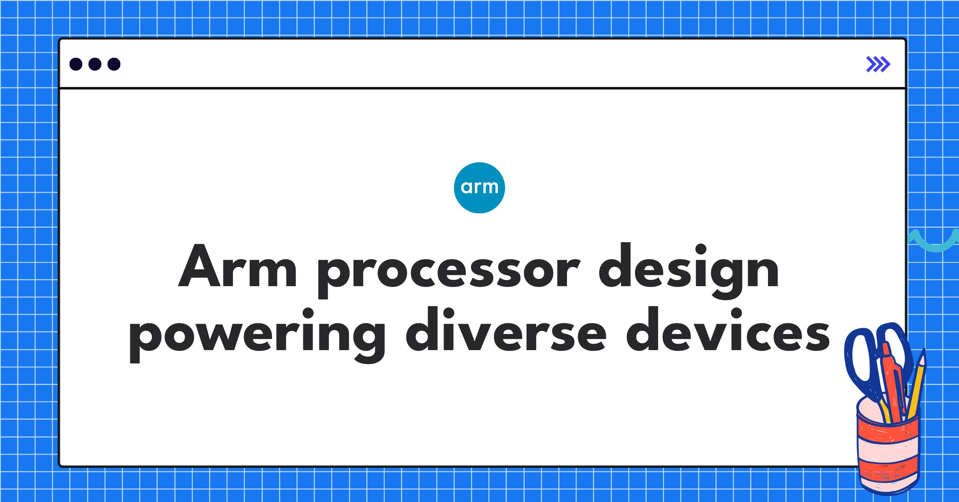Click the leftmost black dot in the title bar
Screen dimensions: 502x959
76,64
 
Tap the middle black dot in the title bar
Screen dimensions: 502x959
95,64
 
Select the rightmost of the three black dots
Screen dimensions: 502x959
114,64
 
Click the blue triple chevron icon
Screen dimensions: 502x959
878,64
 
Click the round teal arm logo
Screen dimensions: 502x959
479,188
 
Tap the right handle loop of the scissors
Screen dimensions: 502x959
895,344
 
